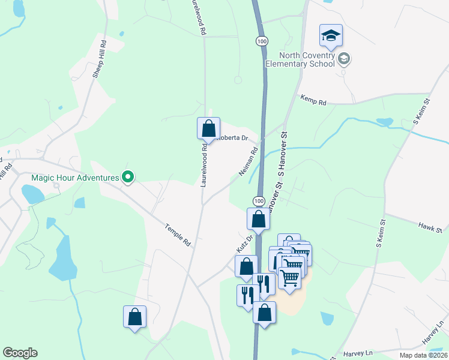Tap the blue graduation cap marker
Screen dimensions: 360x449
[331, 37]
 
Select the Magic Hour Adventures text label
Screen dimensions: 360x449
[76, 176]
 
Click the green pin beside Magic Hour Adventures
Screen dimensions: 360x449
[127, 176]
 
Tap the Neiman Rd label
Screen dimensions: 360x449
[248, 163]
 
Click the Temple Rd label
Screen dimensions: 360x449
[178, 235]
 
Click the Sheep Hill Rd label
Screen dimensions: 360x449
[99, 60]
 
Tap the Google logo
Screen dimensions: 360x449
[20, 353]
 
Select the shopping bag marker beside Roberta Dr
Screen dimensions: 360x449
[208, 128]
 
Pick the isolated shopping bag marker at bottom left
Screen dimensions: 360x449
[135, 317]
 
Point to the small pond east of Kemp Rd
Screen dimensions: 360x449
[384, 122]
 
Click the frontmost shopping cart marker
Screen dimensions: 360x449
[290, 277]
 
